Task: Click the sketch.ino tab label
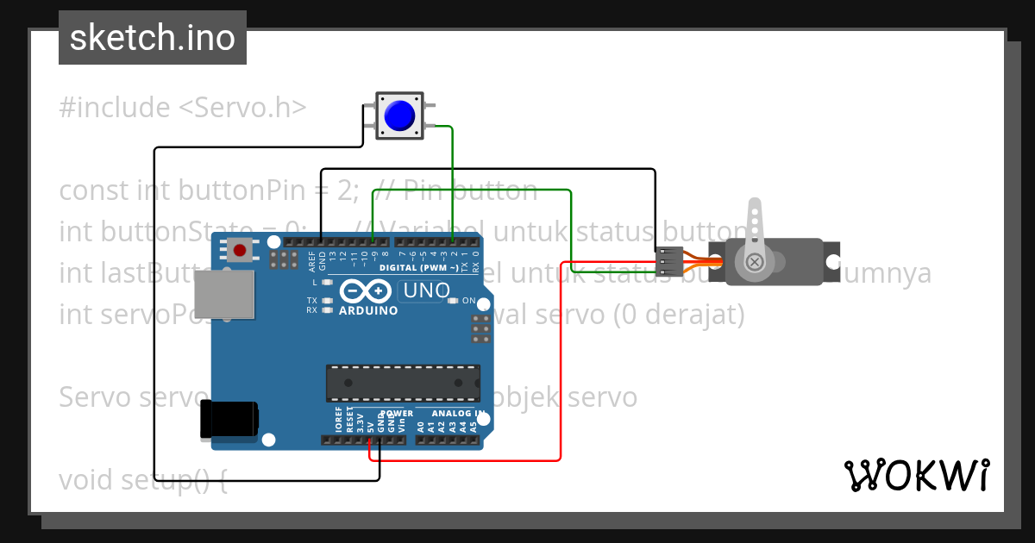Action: pyautogui.click(x=153, y=39)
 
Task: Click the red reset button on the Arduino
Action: pyautogui.click(x=241, y=251)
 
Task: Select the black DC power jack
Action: pyautogui.click(x=229, y=419)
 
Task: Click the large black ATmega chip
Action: pyautogui.click(x=403, y=383)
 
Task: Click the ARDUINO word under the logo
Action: pyautogui.click(x=368, y=310)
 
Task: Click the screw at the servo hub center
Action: pyautogui.click(x=755, y=261)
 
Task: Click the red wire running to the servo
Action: pyautogui.click(x=561, y=362)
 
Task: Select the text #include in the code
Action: pyautogui.click(x=115, y=108)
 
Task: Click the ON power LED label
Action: pyautogui.click(x=469, y=301)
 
